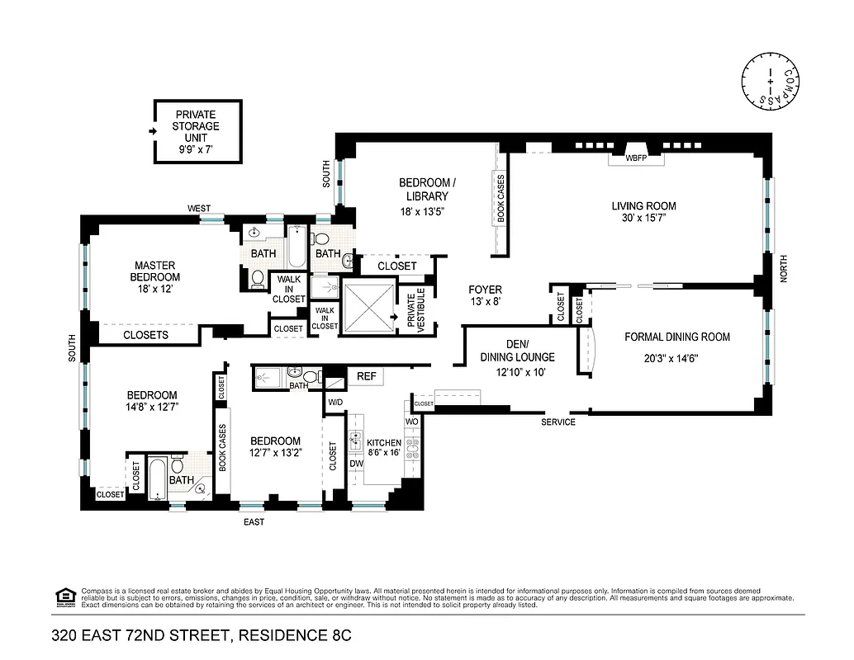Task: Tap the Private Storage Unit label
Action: click(x=196, y=126)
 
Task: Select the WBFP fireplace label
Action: click(x=636, y=157)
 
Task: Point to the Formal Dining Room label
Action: click(x=677, y=337)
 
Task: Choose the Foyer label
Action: click(x=485, y=290)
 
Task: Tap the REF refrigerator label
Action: click(x=366, y=376)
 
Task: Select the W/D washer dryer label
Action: click(x=335, y=403)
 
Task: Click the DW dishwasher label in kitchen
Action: click(x=357, y=464)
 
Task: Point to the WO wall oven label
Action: click(x=411, y=422)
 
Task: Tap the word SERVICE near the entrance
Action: click(x=558, y=422)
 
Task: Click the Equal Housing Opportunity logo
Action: click(x=63, y=596)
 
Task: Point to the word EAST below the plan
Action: click(x=254, y=522)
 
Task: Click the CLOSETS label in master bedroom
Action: click(x=145, y=335)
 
